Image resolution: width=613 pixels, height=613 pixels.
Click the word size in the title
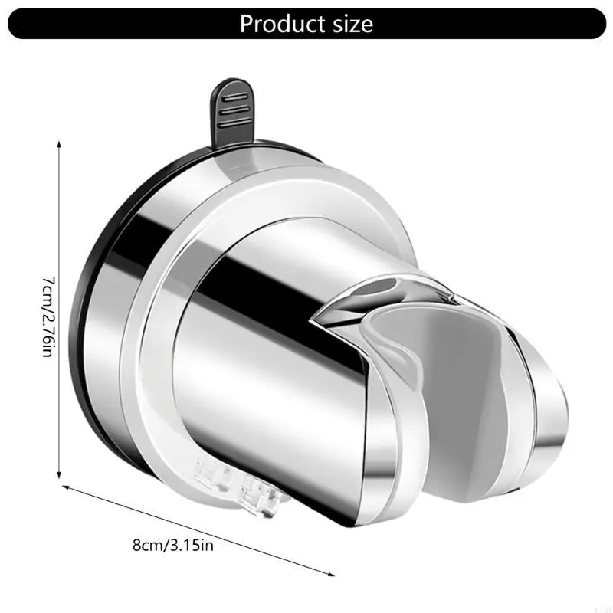pyautogui.click(x=348, y=24)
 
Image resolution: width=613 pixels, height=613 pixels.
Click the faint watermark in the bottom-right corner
pyautogui.click(x=600, y=605)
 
